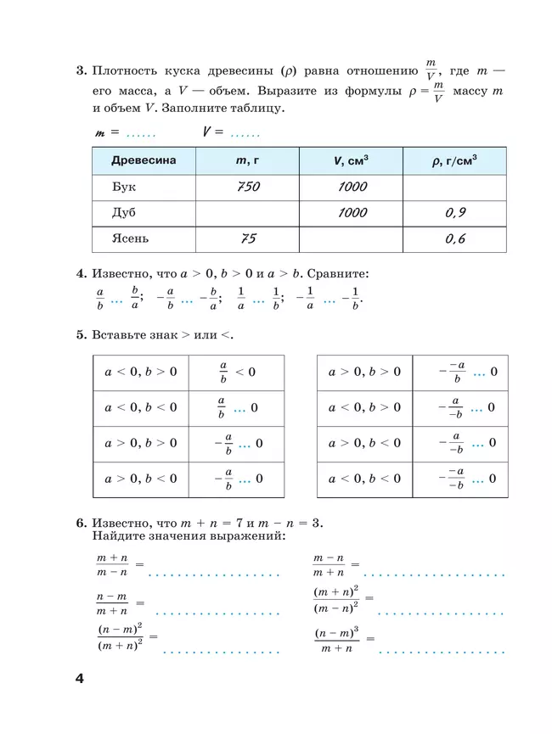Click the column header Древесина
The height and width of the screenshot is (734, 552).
(x=144, y=161)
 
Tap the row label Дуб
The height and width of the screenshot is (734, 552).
(x=124, y=213)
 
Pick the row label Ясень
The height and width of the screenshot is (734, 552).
(x=131, y=238)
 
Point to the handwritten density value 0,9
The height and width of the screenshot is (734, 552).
(x=455, y=213)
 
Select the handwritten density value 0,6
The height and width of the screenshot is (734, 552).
(x=455, y=239)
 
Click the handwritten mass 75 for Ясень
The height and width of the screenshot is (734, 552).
(x=248, y=239)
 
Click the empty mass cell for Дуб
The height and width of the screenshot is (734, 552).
(x=247, y=213)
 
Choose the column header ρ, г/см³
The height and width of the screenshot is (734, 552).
(x=454, y=161)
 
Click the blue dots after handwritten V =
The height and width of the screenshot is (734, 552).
(x=245, y=133)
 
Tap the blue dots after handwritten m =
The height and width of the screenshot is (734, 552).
(x=141, y=133)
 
